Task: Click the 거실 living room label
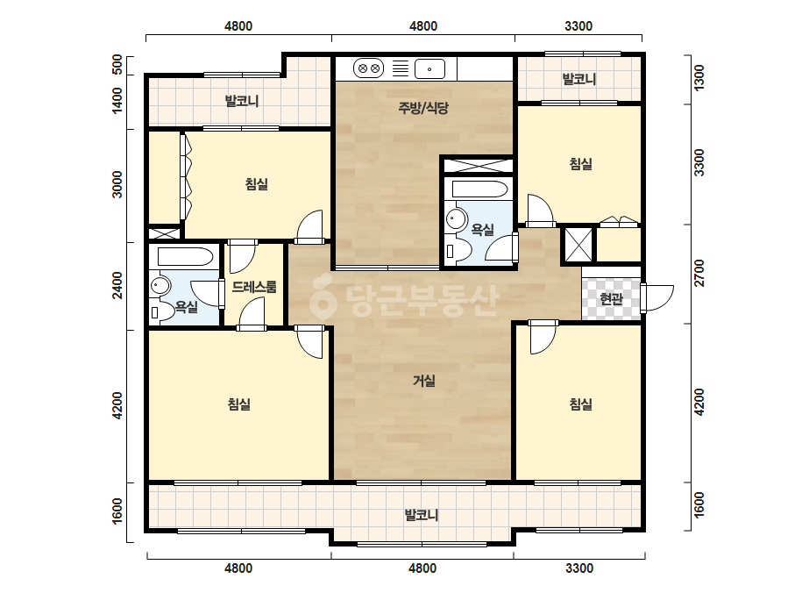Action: coord(424,382)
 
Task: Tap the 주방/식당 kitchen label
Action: coord(423,108)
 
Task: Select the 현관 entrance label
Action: coord(612,298)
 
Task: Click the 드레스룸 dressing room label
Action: coord(254,287)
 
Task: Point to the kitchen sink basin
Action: coord(429,68)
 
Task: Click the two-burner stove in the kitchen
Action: coord(368,68)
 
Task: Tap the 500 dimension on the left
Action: coord(117,65)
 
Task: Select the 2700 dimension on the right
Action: coord(699,274)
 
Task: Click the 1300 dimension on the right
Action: coord(699,78)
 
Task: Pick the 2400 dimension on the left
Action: coord(117,285)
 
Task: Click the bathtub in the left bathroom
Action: coord(185,257)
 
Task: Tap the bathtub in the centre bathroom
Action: coord(479,189)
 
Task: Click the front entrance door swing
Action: coord(659,298)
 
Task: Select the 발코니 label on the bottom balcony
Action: coord(422,515)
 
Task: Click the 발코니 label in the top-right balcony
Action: coord(578,79)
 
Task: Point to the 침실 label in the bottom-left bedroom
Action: coord(239,404)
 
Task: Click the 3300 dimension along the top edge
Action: coord(578,25)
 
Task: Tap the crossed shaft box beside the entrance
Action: coord(578,245)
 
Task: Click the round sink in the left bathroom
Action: coord(160,286)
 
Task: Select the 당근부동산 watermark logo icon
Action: coord(323,296)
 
